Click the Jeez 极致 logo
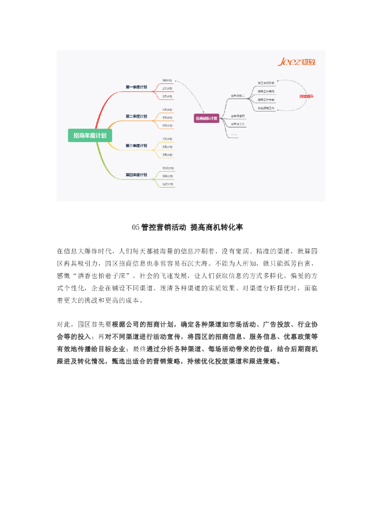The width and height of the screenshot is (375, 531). click(297, 63)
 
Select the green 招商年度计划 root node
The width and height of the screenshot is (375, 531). click(90, 136)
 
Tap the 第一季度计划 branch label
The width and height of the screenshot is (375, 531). click(136, 87)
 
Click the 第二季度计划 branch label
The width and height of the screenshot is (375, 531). click(136, 116)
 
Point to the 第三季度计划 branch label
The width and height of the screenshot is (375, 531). click(136, 146)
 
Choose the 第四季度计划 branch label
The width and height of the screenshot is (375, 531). click(136, 175)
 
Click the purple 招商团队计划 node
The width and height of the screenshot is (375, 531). click(206, 118)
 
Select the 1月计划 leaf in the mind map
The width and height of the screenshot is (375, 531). click(167, 81)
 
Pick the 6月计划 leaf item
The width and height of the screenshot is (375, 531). click(167, 125)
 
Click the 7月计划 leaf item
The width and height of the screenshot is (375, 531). click(167, 139)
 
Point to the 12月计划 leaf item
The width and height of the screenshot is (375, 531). click(167, 184)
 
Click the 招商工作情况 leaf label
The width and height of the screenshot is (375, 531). click(266, 91)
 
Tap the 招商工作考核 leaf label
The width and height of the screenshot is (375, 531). click(266, 100)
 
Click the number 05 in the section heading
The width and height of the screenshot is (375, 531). click(136, 227)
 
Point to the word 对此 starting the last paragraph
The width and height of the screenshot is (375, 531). click(64, 324)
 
